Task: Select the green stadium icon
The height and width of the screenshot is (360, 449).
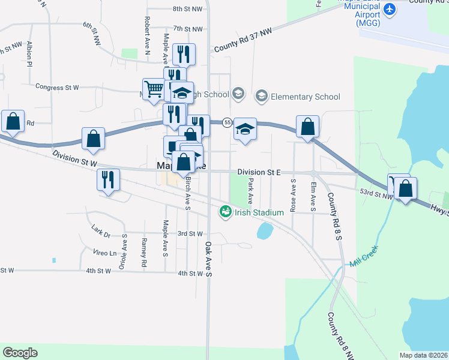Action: point(225,211)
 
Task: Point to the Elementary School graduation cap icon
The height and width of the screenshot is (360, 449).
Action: point(261,95)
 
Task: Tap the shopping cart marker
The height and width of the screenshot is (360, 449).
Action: point(154,89)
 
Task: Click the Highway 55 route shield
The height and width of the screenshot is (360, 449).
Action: point(227,122)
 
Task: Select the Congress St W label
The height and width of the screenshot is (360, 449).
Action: point(57,88)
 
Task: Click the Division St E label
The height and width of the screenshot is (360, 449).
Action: point(259,172)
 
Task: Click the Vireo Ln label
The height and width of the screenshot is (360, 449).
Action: point(104,253)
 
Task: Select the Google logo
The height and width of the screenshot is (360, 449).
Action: point(20,353)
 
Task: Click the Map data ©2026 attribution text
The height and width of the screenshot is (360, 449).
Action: point(423,355)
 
